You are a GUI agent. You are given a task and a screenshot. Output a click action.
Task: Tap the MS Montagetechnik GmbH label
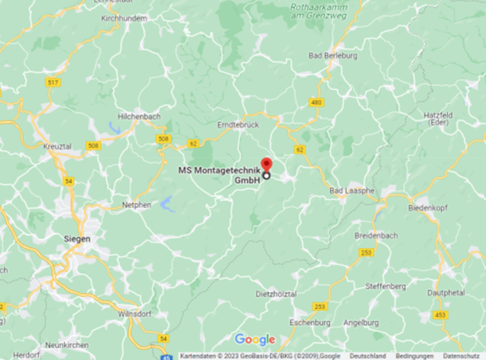[219, 175]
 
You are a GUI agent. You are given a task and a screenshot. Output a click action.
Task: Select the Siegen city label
[77, 239]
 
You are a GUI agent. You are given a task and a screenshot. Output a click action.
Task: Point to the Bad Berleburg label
[333, 56]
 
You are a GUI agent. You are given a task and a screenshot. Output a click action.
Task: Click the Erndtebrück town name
[238, 125]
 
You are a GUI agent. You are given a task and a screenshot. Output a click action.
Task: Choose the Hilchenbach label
[139, 117]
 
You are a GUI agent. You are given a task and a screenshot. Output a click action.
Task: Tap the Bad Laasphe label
[351, 191]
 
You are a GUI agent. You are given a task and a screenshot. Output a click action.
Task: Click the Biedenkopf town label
[426, 208]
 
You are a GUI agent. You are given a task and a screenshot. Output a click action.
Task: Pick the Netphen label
[136, 205]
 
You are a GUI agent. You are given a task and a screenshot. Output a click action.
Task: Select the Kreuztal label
[58, 147]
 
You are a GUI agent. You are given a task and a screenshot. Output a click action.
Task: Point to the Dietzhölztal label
[276, 294]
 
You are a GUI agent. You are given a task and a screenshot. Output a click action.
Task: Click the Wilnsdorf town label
[135, 314]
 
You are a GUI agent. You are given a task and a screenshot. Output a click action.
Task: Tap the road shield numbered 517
[53, 82]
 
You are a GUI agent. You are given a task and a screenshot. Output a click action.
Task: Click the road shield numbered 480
[316, 103]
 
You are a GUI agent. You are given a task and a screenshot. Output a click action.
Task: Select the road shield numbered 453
[440, 315]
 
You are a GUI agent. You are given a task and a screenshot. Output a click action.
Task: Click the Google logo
[255, 340]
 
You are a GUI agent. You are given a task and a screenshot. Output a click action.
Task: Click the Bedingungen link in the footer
[414, 356]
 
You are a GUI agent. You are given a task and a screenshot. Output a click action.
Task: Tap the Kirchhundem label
[124, 18]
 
